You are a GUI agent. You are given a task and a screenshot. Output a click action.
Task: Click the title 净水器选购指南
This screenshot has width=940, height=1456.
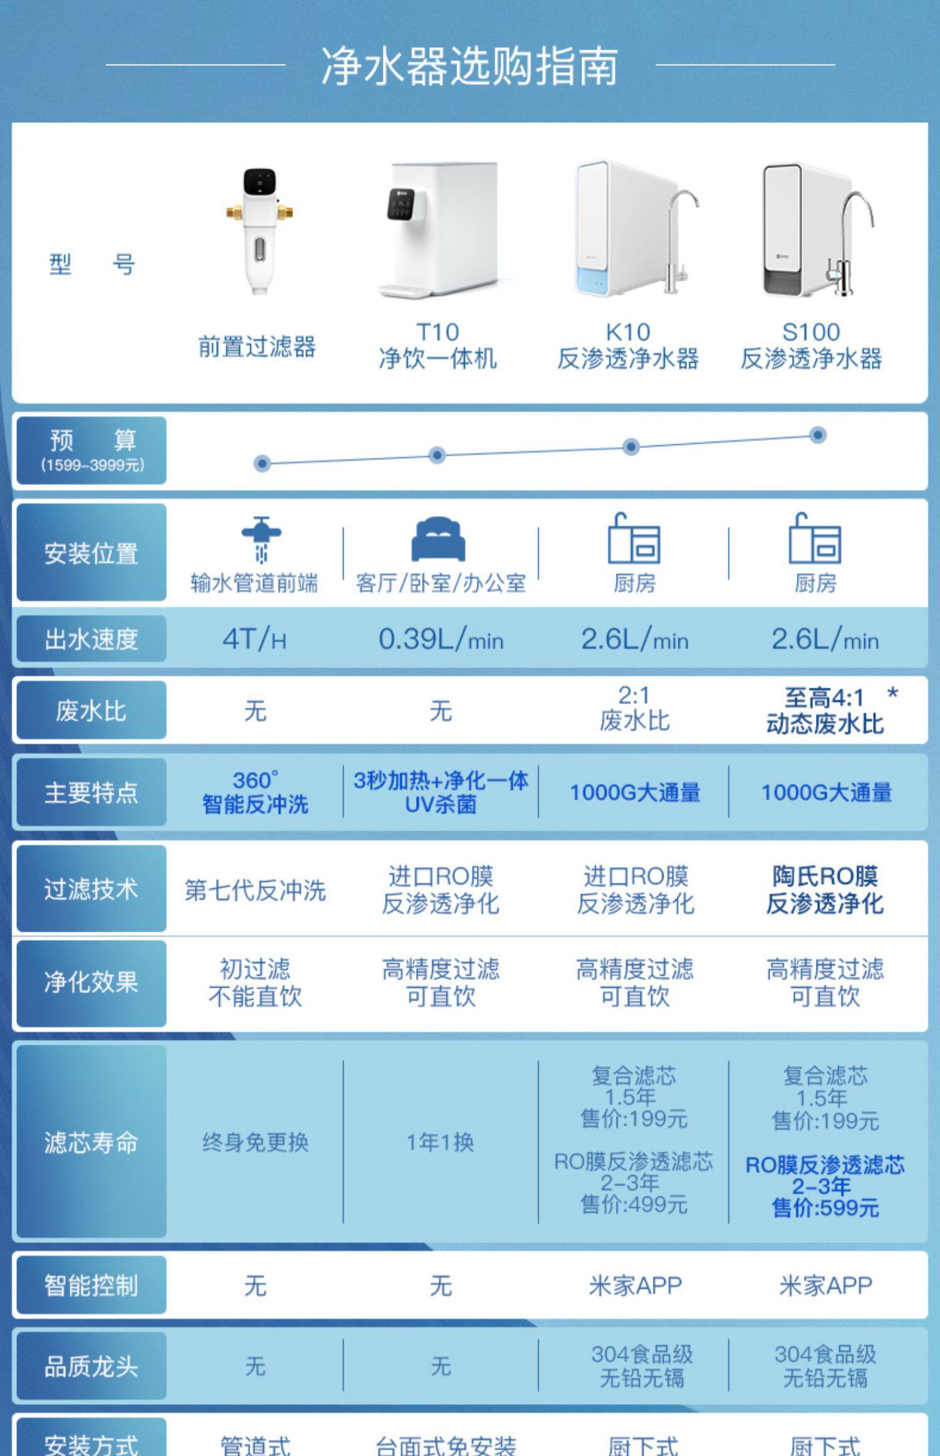(469, 66)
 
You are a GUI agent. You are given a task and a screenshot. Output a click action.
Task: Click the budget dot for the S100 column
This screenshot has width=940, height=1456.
(817, 435)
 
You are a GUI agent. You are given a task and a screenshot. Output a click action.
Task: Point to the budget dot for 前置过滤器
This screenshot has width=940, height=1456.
(262, 463)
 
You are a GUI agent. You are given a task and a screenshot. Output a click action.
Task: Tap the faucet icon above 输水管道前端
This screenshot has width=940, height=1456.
(261, 538)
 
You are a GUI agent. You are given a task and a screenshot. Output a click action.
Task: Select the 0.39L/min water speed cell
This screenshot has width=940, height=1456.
(441, 640)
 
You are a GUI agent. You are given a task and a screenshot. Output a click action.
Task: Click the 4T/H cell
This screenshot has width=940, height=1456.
(254, 640)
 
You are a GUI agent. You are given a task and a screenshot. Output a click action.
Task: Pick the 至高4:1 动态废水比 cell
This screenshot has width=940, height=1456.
(825, 710)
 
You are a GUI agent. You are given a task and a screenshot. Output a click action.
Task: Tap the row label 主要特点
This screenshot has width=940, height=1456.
(91, 793)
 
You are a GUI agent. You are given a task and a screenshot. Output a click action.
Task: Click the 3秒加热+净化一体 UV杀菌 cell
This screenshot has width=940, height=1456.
(441, 792)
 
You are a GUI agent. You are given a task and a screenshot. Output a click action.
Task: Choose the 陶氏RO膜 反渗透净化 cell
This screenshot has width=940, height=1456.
(825, 890)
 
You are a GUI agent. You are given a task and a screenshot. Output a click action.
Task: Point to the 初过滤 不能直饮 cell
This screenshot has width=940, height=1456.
(255, 983)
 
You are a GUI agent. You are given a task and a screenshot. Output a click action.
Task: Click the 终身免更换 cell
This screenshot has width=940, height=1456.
(255, 1142)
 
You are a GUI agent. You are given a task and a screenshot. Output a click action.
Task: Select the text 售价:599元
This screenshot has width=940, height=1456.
(825, 1208)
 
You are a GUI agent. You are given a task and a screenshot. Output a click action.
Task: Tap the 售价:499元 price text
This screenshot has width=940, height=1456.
(634, 1205)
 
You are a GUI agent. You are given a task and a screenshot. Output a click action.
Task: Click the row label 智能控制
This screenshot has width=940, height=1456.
(91, 1285)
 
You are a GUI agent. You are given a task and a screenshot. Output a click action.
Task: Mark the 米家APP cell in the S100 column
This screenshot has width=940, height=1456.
(825, 1285)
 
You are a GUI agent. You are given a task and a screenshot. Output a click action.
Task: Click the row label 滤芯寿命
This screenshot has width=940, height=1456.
(91, 1142)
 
